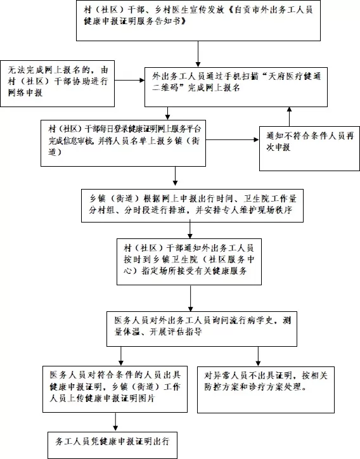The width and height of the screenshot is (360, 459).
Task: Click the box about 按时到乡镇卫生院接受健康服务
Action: click(191, 261)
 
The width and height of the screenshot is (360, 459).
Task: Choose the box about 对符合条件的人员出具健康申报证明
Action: click(114, 387)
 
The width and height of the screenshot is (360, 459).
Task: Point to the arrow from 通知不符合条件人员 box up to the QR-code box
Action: click(290, 116)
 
